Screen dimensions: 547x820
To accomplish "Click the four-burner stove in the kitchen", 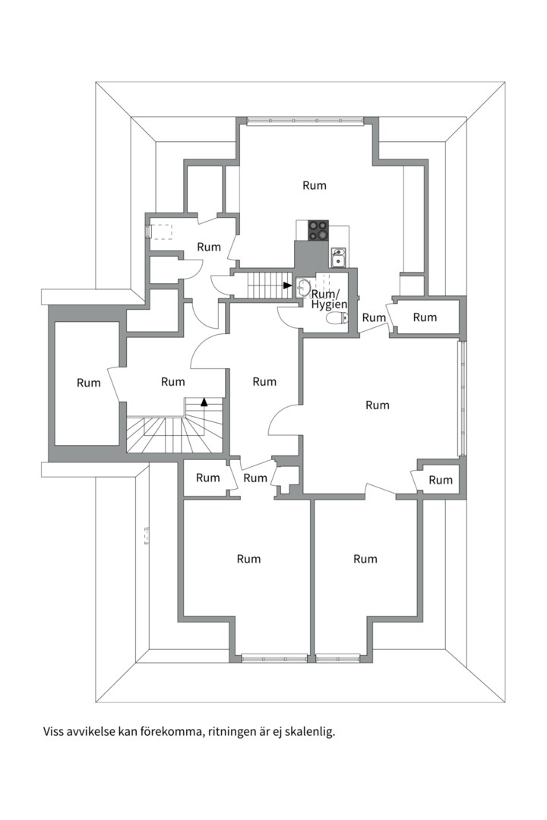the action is (318, 230).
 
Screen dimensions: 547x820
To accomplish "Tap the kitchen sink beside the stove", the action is (338, 257).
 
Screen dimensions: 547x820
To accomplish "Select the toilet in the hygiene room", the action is (337, 317).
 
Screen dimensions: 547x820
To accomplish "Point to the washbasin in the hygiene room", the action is (302, 288).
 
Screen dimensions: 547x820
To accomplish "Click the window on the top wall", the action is (305, 121).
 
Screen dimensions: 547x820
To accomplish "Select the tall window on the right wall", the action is (462, 398).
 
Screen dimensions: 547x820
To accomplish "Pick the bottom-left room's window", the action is (274, 658).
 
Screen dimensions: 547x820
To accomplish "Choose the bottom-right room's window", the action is (337, 658).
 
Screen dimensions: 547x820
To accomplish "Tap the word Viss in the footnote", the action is (53, 730).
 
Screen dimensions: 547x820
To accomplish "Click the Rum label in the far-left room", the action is (88, 383).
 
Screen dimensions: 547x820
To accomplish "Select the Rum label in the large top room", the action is (315, 186).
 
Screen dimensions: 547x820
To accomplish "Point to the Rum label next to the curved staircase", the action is (172, 382).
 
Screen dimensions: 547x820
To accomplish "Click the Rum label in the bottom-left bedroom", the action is (248, 559).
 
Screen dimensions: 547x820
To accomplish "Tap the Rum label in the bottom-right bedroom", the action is (365, 559).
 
